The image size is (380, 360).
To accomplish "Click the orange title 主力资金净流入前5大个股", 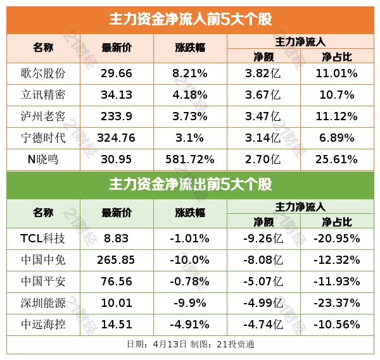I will [190, 18].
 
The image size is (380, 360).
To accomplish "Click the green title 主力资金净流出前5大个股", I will [190, 185].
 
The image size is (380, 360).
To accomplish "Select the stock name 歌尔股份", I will [44, 73].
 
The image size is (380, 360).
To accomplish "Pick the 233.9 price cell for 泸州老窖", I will [117, 117].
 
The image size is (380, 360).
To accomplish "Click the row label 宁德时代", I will [44, 139].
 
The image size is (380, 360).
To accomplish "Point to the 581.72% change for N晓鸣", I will [190, 160].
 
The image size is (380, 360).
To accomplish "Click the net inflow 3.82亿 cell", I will [263, 73].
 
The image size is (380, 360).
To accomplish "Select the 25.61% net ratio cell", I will [337, 160].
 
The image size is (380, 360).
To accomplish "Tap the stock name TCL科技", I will [44, 239].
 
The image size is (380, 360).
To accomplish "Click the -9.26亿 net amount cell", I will [263, 239].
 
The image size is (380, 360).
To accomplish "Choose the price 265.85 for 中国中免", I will [117, 260].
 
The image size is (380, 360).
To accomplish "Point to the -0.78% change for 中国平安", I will [190, 282].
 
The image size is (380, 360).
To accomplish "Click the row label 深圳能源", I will [44, 303].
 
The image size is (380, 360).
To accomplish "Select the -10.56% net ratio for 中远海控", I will [337, 325].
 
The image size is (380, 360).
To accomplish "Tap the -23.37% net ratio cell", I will [337, 303].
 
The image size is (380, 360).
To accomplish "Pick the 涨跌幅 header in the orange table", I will [190, 48].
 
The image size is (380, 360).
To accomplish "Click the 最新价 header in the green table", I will [117, 213].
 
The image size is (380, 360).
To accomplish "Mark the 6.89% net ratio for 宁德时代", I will [337, 139].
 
